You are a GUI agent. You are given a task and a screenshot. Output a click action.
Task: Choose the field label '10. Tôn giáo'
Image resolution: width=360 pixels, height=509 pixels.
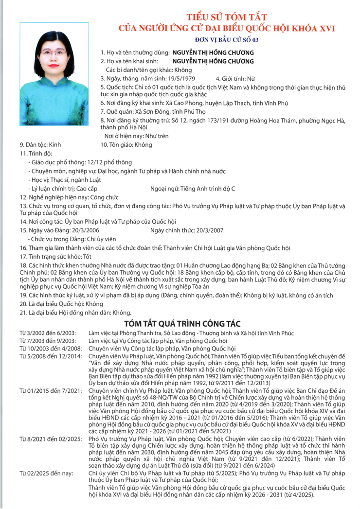tap(116, 144)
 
